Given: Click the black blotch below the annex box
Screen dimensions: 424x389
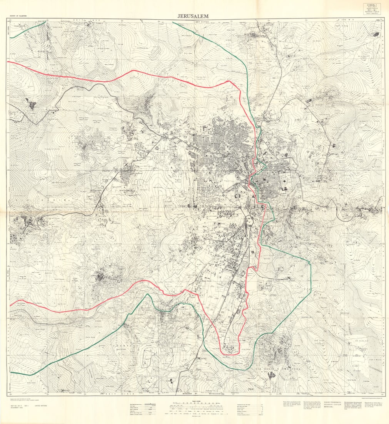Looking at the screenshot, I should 376,34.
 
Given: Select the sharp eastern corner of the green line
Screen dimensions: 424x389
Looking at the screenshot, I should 310,263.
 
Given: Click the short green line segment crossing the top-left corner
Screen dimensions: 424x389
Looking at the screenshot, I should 27,30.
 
